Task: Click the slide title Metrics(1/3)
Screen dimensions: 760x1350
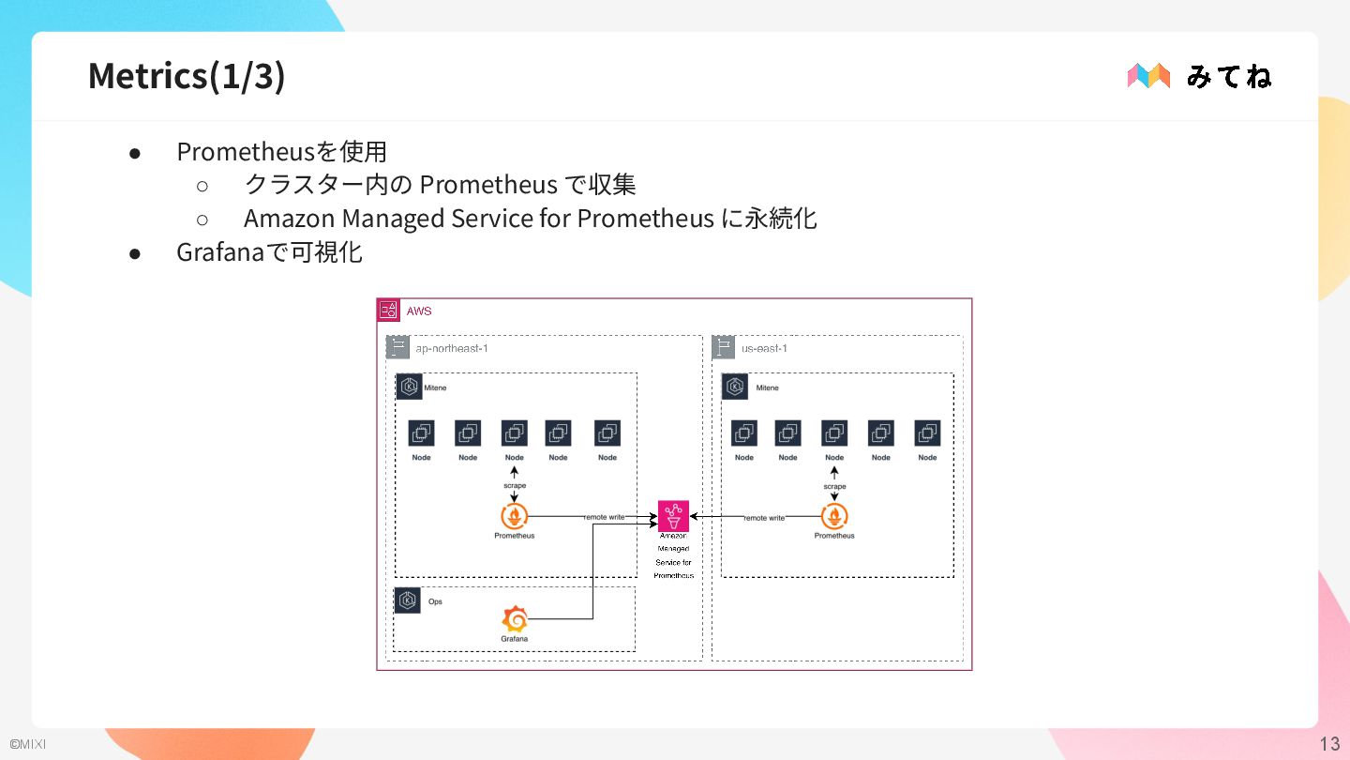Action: click(187, 76)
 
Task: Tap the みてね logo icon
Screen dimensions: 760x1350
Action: click(1148, 76)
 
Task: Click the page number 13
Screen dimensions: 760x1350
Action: click(1329, 744)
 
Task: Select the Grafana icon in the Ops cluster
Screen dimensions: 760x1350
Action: click(514, 619)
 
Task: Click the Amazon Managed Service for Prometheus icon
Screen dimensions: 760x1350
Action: click(673, 516)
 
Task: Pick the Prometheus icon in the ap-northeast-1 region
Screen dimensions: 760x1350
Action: click(514, 516)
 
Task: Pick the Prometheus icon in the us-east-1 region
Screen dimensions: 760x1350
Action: click(833, 516)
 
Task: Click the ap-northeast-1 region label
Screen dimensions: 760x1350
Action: click(451, 349)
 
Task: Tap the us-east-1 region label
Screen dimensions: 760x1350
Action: click(764, 349)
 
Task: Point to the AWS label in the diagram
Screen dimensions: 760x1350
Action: click(418, 311)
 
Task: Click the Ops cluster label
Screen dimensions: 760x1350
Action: click(435, 601)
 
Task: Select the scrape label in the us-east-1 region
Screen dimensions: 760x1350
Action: click(834, 486)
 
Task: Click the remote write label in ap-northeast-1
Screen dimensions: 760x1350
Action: click(604, 517)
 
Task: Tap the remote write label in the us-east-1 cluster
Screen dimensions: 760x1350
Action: click(764, 518)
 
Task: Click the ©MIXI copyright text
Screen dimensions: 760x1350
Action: click(27, 745)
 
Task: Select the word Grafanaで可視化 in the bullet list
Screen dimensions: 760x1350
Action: click(269, 252)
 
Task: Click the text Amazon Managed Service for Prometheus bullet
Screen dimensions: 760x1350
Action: click(530, 219)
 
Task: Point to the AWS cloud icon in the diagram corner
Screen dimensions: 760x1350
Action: click(388, 311)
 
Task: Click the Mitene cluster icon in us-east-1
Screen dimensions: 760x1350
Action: click(734, 387)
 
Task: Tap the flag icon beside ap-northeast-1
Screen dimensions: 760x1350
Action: click(397, 348)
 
